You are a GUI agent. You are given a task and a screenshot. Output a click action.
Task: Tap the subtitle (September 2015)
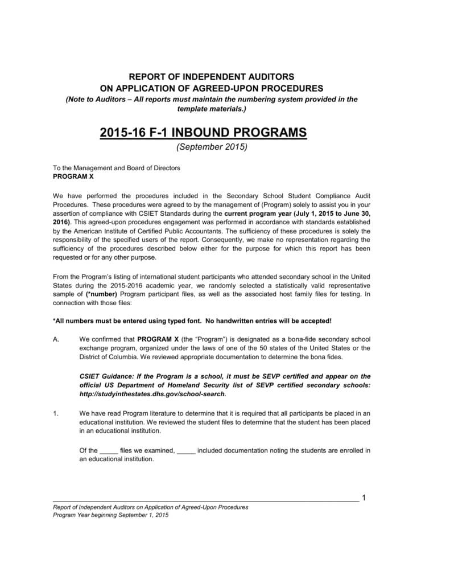(211, 147)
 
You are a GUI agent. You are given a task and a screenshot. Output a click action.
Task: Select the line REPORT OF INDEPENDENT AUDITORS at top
(211, 76)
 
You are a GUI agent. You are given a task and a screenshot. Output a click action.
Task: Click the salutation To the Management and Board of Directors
(116, 168)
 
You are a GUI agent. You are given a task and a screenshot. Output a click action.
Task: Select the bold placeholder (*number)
(102, 294)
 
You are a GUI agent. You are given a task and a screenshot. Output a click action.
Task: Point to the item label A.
(56, 338)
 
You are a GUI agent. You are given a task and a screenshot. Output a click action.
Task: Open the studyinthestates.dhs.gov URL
(153, 394)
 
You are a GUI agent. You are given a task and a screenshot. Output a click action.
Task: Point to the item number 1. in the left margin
(56, 413)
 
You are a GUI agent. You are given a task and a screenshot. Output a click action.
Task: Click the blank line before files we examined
(108, 450)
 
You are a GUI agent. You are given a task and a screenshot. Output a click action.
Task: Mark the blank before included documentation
(186, 450)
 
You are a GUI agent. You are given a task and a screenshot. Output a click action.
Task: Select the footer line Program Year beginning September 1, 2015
(110, 515)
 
